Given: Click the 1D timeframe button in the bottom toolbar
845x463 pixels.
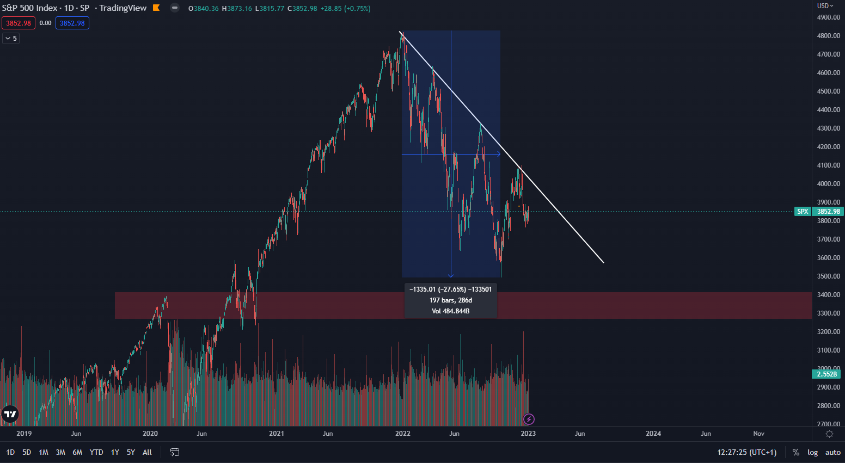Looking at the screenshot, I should coord(10,452).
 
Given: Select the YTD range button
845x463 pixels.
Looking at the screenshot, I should coord(96,452).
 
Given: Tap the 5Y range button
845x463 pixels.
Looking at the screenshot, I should coord(131,452).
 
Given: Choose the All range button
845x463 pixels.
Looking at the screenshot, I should coord(147,452).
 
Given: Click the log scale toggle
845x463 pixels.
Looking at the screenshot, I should coord(812,452).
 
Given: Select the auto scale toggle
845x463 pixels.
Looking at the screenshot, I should coord(832,452).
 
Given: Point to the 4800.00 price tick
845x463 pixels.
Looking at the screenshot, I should coord(828,36).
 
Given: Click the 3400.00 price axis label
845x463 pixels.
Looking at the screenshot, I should coord(828,295).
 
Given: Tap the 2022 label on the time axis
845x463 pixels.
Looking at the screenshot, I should coord(403,434).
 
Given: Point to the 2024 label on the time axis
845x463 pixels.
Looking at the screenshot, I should coord(653,434).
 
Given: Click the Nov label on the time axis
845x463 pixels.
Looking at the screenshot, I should coord(758,434).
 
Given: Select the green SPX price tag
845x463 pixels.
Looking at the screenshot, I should coord(803,212).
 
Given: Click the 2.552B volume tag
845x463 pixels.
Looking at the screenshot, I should coord(826,374).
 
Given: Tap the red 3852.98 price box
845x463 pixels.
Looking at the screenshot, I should coord(19,23).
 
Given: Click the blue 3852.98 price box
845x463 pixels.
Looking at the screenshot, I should coord(72,23).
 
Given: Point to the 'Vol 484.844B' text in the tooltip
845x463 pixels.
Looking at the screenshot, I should coord(450,311).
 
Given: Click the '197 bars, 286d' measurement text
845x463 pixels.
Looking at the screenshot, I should coord(450,300).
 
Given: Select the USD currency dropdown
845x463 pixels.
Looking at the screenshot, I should coord(825,6).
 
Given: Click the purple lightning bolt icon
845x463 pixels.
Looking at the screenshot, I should coord(529,419).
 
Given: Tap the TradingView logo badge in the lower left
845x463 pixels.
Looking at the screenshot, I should coord(10,414).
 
